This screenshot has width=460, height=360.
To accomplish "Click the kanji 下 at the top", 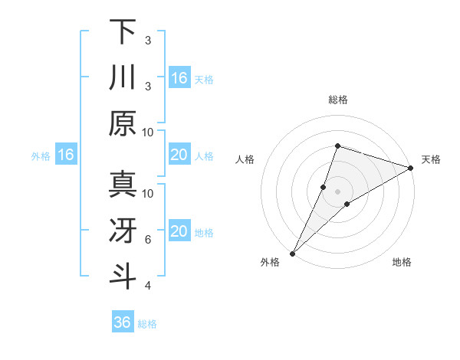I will click(123, 32).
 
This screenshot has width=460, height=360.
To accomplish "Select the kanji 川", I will click(123, 77).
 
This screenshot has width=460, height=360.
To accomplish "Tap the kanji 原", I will click(123, 123).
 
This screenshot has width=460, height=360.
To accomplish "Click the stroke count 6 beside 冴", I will click(148, 240).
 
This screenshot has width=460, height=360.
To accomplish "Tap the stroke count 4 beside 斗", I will click(148, 286).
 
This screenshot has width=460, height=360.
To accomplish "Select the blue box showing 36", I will click(123, 322).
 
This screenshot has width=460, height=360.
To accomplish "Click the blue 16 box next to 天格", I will click(179, 77).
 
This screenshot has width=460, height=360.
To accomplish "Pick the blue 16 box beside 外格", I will click(65, 155).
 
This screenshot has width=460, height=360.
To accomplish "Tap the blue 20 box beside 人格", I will click(179, 155).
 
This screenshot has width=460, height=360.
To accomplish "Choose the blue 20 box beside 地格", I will click(179, 231).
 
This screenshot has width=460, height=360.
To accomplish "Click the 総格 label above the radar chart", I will click(337, 100).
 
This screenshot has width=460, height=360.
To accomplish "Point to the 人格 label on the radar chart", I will click(245, 159).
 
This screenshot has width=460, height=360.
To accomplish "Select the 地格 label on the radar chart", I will click(402, 262).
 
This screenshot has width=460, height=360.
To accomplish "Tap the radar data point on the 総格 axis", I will click(337, 146).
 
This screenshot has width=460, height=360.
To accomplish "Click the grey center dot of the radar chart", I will click(337, 191).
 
